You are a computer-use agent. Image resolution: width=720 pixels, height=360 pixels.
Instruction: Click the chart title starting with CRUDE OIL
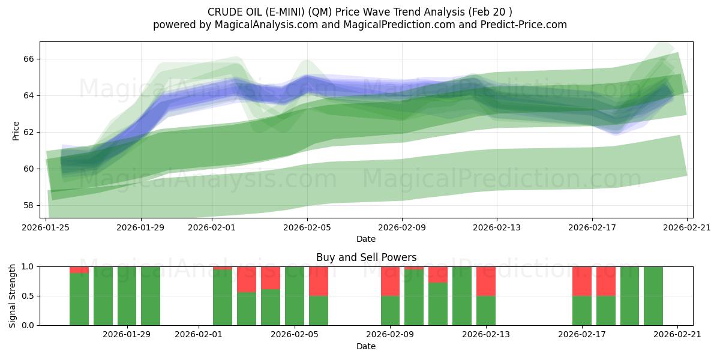pyautogui.click(x=360, y=11)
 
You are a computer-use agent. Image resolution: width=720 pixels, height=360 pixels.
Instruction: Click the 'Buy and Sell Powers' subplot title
pyautogui.click(x=366, y=257)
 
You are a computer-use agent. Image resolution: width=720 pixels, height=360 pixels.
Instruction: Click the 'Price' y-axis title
pyautogui.click(x=16, y=130)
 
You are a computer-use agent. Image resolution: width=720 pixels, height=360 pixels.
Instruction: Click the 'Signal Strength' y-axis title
pyautogui.click(x=13, y=295)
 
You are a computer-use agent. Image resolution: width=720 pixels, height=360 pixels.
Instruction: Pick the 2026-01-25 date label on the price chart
pyautogui.click(x=46, y=227)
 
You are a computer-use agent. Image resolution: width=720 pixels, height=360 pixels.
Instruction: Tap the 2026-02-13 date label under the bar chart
pyautogui.click(x=486, y=335)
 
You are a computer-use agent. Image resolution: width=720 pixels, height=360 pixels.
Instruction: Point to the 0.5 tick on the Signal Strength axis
pyautogui.click(x=28, y=296)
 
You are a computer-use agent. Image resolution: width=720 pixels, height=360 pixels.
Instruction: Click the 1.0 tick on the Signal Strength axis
pyautogui.click(x=28, y=266)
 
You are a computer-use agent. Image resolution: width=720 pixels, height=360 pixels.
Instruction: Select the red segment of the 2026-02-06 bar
pyautogui.click(x=319, y=281)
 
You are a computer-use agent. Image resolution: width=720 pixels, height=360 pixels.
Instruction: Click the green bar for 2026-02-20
pyautogui.click(x=653, y=296)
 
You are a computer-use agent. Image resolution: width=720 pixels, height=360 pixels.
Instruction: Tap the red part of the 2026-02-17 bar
pyautogui.click(x=582, y=281)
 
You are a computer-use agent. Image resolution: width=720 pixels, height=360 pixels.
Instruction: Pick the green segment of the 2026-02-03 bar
pyautogui.click(x=247, y=308)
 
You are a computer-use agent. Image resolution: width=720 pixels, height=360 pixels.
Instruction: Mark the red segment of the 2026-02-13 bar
pyautogui.click(x=486, y=281)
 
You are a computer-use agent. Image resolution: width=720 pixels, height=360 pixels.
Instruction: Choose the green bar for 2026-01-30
pyautogui.click(x=151, y=296)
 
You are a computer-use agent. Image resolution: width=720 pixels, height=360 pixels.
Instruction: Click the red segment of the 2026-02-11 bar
pyautogui.click(x=438, y=274)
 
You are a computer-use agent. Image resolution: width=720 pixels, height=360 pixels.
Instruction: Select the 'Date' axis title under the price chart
pyautogui.click(x=366, y=239)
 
